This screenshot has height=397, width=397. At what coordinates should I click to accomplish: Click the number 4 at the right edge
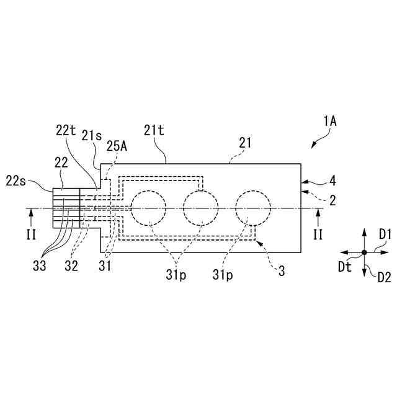pyautogui.click(x=333, y=181)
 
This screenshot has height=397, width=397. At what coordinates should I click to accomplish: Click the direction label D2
pyautogui.click(x=385, y=277)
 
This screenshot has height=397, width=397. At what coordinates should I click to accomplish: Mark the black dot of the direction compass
pyautogui.click(x=364, y=252)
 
